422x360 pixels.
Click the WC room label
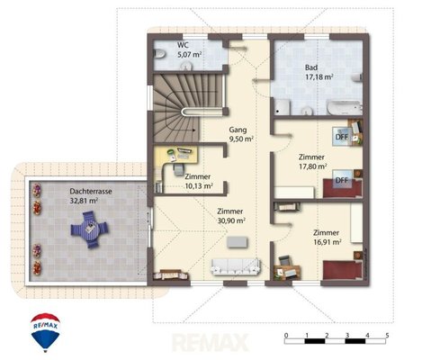click(183, 45)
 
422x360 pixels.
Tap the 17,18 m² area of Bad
click(319, 77)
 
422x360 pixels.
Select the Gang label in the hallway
click(238, 130)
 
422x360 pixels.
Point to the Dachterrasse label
click(91, 192)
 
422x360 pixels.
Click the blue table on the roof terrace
click(90, 229)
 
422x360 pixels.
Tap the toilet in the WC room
click(159, 54)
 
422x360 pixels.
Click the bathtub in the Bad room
click(344, 107)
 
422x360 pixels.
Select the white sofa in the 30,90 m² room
click(236, 266)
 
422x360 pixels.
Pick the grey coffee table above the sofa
click(238, 242)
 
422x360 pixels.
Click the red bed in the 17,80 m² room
click(342, 189)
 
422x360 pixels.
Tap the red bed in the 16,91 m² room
click(342, 270)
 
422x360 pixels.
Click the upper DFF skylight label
click(342, 137)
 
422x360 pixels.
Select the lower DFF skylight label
click(342, 180)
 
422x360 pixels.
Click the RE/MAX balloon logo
click(46, 332)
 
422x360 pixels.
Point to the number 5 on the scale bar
click(387, 335)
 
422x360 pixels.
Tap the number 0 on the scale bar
click(286, 335)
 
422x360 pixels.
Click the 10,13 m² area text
click(199, 186)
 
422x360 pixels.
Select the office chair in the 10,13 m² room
click(179, 168)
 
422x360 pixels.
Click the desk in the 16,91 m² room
click(287, 271)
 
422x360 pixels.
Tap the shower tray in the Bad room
click(283, 107)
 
